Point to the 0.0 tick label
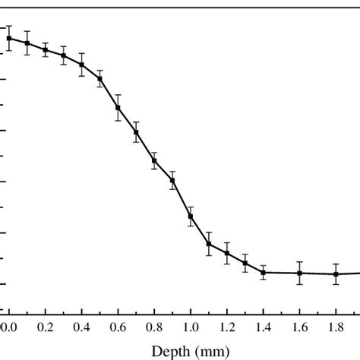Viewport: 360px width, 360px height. [x=8, y=327]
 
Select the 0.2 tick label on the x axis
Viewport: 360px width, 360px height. [x=45, y=327]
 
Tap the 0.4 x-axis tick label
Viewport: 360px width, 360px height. [x=81, y=327]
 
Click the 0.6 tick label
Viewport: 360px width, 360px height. [x=118, y=327]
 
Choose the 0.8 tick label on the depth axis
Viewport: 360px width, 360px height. [x=154, y=327]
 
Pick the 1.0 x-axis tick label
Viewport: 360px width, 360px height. [x=191, y=327]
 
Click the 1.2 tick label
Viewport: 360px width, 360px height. [x=227, y=327]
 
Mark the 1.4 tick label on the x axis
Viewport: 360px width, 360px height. [x=264, y=327]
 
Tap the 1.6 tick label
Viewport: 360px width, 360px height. [x=299, y=327]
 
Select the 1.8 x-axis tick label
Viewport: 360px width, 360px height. [x=336, y=327]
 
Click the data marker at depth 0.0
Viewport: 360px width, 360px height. [x=8, y=38]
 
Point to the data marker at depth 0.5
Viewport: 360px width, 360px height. [x=99, y=78]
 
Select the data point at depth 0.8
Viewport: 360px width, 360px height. [x=154, y=160]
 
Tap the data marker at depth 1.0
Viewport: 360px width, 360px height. [x=191, y=216]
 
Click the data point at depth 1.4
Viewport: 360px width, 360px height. [x=264, y=272]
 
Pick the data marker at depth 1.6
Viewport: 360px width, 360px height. [x=299, y=273]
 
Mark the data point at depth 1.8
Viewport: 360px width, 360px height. [x=336, y=274]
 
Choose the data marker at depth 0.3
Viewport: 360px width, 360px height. [x=63, y=55]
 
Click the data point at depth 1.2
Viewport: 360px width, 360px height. [x=227, y=253]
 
